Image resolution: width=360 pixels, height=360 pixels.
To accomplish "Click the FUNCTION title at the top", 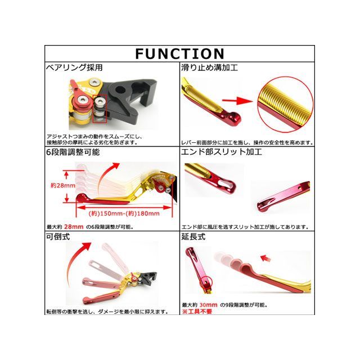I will click(179, 54).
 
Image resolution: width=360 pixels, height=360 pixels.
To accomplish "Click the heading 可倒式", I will click(57, 237).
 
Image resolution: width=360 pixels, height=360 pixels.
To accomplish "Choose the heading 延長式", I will click(193, 237).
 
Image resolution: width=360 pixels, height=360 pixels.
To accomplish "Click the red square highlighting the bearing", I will click(101, 110).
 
